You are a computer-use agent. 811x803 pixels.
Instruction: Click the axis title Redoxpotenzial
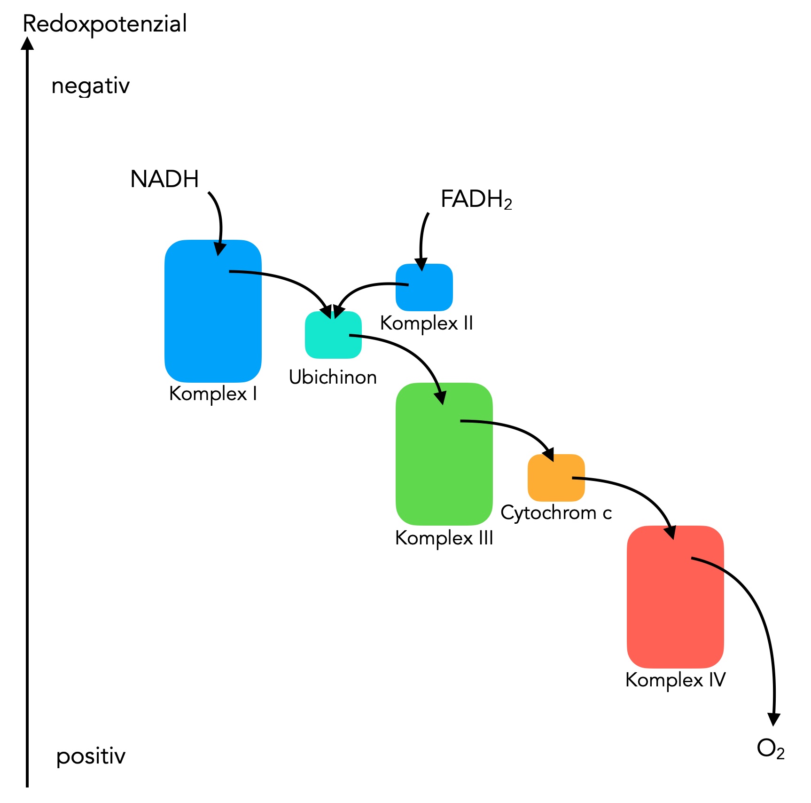click(105, 24)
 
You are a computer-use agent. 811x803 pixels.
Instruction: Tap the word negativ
click(90, 86)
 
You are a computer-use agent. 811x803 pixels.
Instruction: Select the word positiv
click(91, 756)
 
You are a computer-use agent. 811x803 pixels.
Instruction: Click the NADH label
click(164, 179)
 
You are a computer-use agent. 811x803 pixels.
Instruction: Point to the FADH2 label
click(476, 199)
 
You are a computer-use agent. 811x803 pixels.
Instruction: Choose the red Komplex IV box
click(675, 606)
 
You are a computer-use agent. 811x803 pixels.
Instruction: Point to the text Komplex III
click(444, 538)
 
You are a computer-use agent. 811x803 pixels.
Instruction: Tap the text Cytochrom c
click(556, 512)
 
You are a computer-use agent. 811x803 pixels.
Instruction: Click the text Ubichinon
click(333, 377)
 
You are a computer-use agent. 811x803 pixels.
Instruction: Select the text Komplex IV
click(675, 680)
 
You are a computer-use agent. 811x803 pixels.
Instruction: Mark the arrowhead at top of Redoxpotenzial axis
click(28, 43)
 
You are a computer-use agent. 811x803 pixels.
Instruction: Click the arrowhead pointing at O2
click(773, 718)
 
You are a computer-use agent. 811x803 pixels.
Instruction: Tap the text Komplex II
click(426, 323)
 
